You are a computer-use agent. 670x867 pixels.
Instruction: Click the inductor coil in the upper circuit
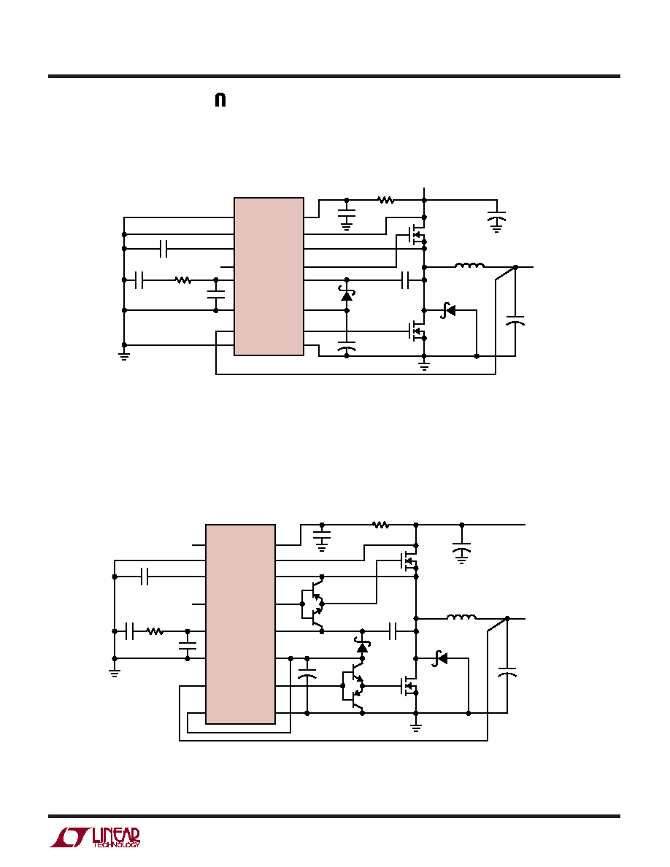[469, 266]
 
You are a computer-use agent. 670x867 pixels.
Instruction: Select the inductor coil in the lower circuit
[461, 617]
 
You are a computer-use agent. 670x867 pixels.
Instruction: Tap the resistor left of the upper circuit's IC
[183, 280]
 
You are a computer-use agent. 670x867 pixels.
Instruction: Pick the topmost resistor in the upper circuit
[386, 200]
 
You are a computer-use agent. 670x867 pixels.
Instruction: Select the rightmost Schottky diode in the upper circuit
[448, 310]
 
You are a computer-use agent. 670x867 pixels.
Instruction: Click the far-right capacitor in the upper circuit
[515, 322]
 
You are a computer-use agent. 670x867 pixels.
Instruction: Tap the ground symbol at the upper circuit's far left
[124, 355]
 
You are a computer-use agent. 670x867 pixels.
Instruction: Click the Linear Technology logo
[95, 838]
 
